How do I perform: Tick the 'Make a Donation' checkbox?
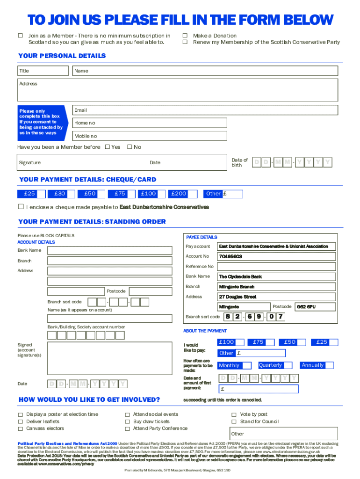pos(185,36)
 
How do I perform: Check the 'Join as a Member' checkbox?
pos(20,36)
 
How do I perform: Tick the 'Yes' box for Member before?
pos(108,147)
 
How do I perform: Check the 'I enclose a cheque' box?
pos(21,207)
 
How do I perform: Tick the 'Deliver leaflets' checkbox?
pos(21,421)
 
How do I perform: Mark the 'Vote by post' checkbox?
pos(234,414)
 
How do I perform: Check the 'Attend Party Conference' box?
pos(128,428)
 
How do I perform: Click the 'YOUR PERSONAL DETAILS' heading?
pos(62,56)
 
